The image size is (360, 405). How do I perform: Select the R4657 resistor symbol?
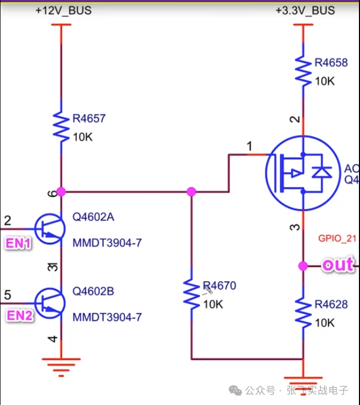click(x=62, y=127)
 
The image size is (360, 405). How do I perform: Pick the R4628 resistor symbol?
click(x=303, y=312)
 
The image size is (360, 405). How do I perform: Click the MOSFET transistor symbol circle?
click(x=299, y=173)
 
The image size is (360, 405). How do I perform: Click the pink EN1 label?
click(x=18, y=243)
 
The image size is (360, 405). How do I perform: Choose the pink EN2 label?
click(x=19, y=315)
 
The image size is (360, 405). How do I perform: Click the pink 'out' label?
click(x=337, y=265)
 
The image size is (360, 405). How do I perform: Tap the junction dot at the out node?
click(x=303, y=266)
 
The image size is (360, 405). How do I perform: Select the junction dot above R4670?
click(x=191, y=192)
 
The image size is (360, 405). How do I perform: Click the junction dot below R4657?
click(x=62, y=192)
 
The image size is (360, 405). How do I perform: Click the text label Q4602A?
click(x=93, y=217)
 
